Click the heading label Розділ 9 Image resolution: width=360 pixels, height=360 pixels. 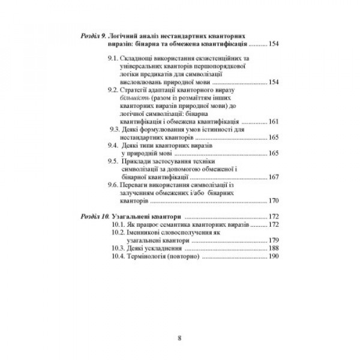point(95,37)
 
